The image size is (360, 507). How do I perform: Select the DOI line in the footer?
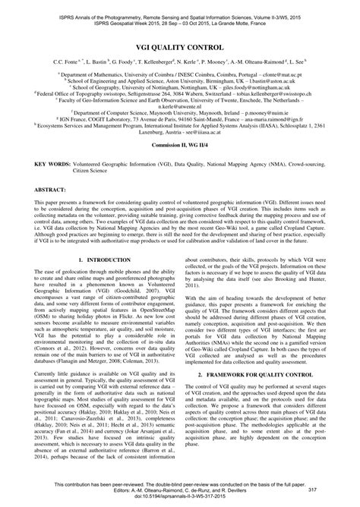click(179, 500)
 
